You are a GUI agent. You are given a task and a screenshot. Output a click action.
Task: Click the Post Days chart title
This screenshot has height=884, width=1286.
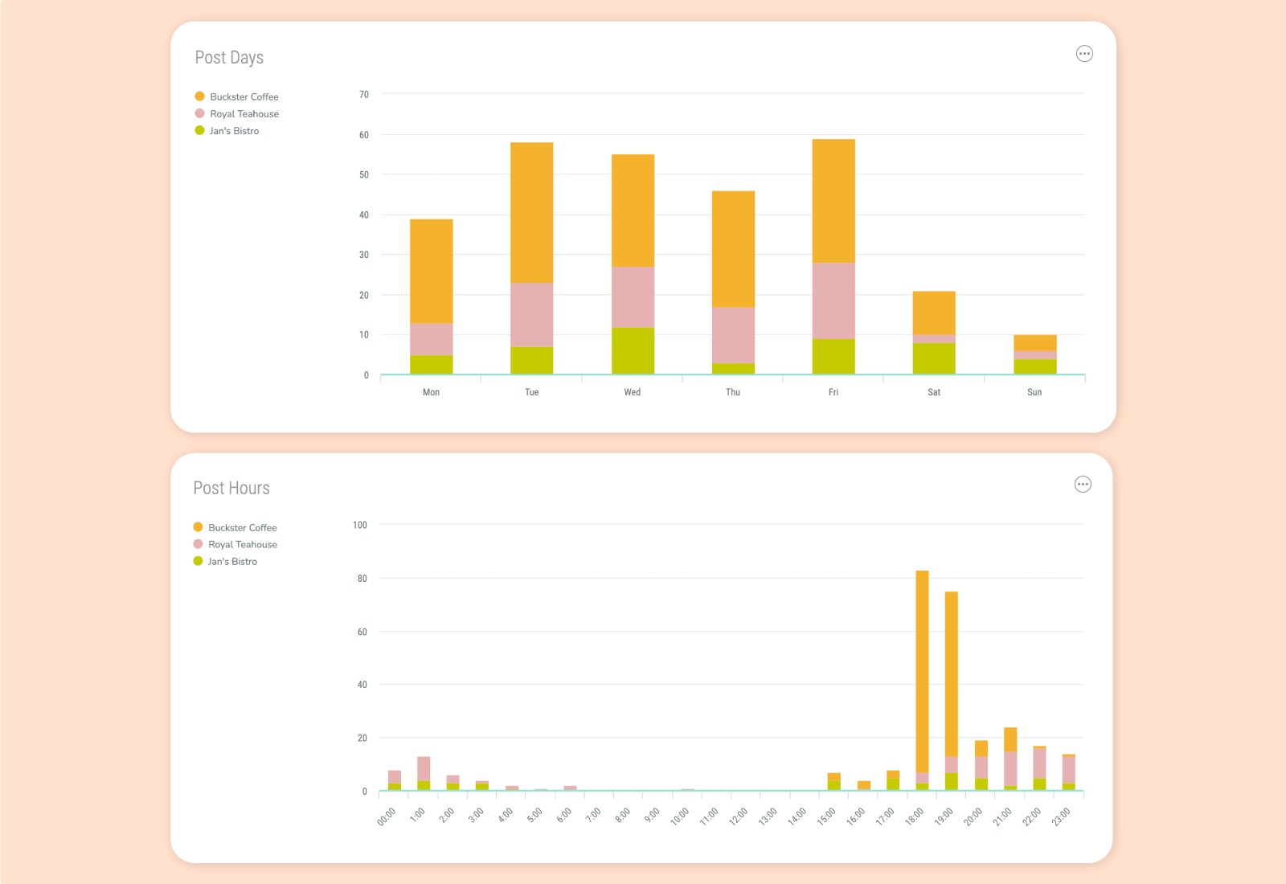[x=229, y=58]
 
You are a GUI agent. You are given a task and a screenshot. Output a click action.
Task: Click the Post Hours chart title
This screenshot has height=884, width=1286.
[x=231, y=489]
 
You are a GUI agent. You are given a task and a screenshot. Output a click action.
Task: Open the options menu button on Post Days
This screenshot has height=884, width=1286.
[x=1084, y=54]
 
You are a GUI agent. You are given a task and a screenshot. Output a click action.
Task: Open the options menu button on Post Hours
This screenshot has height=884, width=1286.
[x=1083, y=485]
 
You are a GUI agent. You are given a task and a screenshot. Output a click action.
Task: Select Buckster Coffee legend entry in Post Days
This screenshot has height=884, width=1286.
[x=244, y=97]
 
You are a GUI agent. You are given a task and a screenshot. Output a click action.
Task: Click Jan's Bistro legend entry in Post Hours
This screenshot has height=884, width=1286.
[x=231, y=562]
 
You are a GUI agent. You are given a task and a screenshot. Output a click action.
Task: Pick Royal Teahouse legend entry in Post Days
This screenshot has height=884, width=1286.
[x=244, y=114]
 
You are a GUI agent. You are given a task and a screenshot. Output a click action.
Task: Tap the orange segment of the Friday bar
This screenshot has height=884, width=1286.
[x=833, y=201]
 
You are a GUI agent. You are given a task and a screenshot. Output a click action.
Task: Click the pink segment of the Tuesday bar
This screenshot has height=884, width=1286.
[x=531, y=315]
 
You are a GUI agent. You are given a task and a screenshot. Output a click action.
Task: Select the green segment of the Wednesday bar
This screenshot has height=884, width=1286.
[x=633, y=351]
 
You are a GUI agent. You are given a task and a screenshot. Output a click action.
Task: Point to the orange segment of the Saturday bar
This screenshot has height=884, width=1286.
[x=934, y=313]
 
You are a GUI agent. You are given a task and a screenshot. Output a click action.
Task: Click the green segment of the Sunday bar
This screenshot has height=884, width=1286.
[x=1034, y=367]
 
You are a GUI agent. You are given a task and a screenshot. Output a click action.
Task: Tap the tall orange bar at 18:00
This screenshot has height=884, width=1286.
[x=923, y=671]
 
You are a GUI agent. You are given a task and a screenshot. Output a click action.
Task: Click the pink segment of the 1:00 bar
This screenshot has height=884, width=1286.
[x=424, y=769]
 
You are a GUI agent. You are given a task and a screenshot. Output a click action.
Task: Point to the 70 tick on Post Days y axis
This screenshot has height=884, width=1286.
[x=364, y=95]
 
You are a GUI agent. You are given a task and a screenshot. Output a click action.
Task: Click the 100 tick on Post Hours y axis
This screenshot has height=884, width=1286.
[x=359, y=526]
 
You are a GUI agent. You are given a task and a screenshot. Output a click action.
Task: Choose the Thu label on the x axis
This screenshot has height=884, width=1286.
[x=733, y=392]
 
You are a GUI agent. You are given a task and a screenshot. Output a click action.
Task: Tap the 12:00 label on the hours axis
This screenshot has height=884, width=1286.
[x=738, y=816]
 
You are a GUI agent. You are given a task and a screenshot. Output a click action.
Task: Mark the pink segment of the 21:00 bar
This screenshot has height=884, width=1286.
[x=1010, y=768]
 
